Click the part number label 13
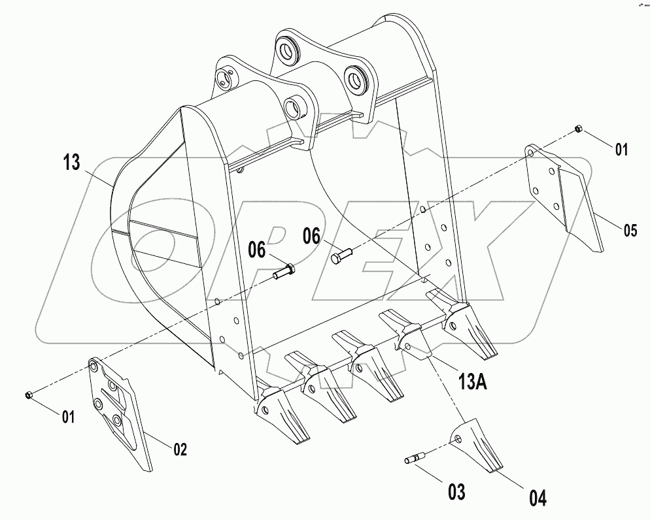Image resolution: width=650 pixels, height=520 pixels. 73,163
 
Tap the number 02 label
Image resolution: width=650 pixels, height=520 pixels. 180,449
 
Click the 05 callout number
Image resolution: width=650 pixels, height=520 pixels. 630,229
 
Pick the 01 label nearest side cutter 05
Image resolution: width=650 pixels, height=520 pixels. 621,150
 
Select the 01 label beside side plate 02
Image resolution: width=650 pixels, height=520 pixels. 68,416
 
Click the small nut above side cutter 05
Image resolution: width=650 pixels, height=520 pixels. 578,129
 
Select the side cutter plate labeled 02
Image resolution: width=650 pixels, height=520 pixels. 119,412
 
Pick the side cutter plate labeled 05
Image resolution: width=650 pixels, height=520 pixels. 566,195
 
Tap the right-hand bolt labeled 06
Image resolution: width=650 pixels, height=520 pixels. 341,256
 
